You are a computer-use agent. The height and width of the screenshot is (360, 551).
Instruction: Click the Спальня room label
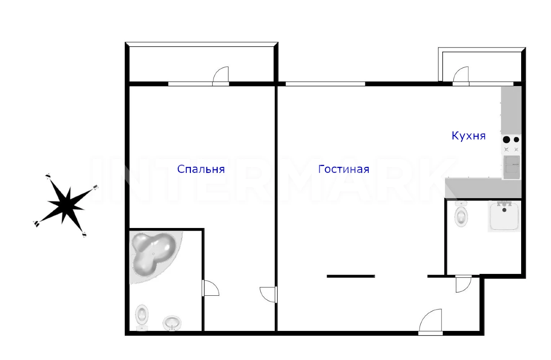tap(201, 169)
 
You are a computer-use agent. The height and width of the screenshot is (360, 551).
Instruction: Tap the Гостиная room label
tap(344, 169)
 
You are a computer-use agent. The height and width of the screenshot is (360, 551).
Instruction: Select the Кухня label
tap(469, 136)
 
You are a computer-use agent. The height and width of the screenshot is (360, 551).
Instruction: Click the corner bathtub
tap(154, 256)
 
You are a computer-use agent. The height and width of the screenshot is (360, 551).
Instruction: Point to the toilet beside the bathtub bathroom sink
tap(142, 318)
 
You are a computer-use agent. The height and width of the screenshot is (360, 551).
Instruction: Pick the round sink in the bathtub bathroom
tap(172, 323)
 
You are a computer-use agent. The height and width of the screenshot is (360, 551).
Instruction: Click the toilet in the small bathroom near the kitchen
tap(461, 214)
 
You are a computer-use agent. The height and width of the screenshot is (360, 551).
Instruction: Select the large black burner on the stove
tap(506, 140)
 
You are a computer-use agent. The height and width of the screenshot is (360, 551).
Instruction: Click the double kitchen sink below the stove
tap(512, 167)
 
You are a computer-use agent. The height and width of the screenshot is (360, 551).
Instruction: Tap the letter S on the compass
tap(84, 235)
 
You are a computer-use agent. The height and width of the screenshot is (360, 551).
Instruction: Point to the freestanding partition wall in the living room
tap(351, 276)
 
